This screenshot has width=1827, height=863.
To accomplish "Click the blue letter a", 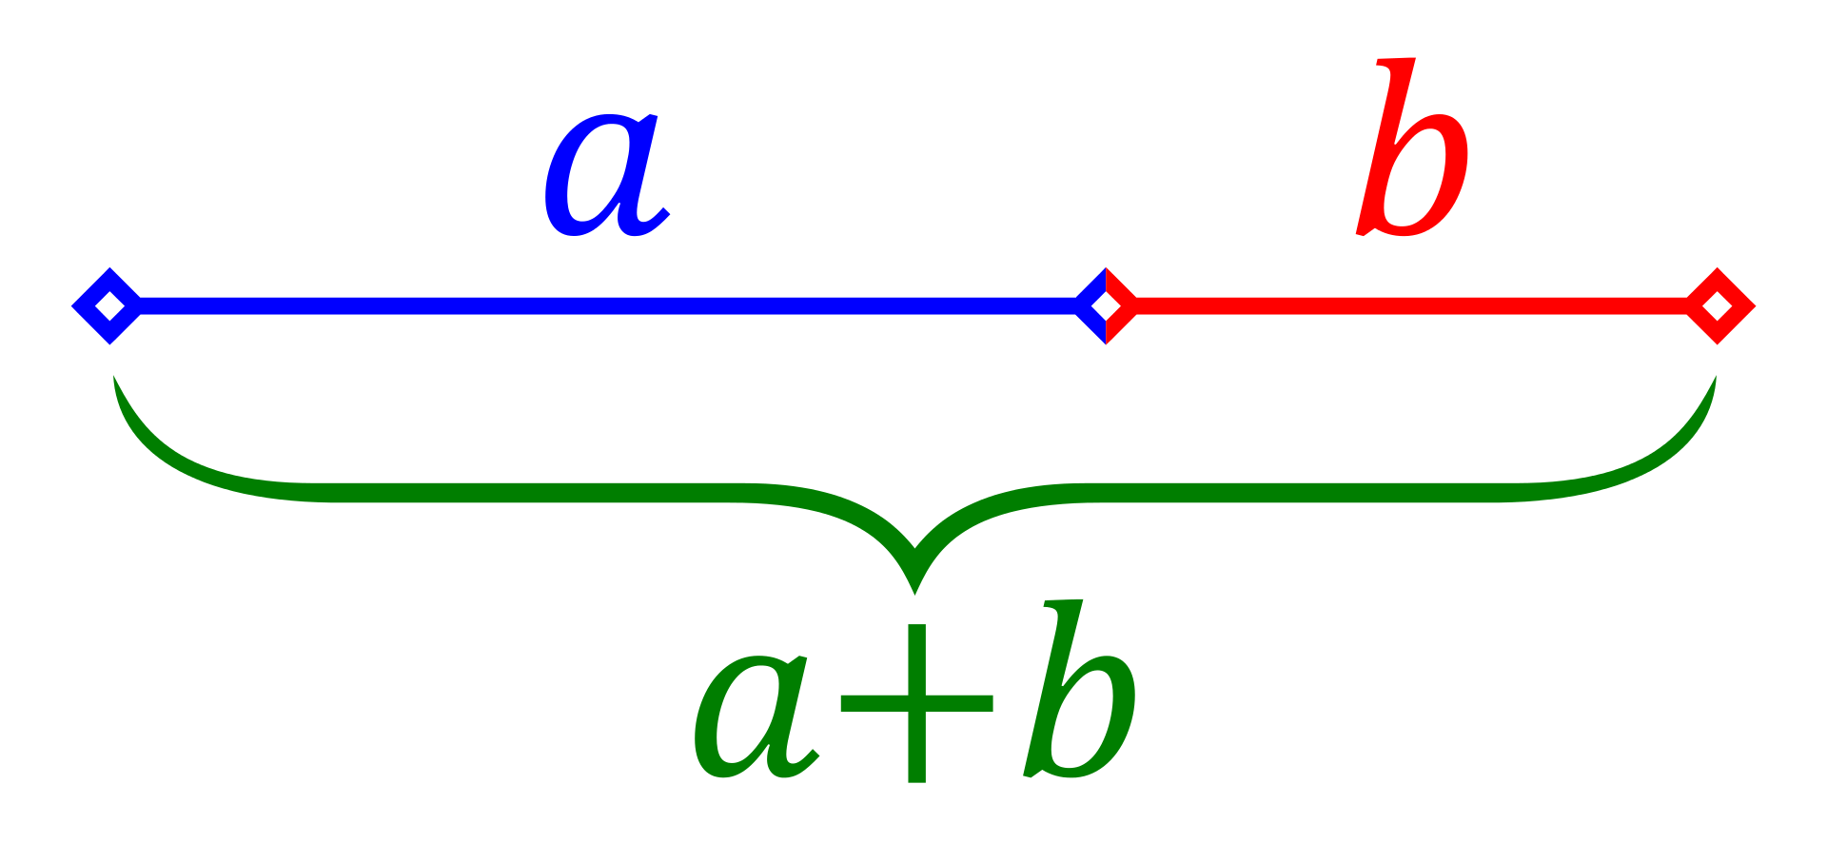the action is pos(606,176).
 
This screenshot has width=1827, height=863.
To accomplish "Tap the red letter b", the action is pos(1413,147).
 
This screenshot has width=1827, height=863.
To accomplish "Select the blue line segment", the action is pos(607,306).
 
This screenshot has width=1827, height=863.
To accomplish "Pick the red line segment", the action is pos(1411,306).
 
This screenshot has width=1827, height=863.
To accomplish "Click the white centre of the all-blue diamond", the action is pos(110,306).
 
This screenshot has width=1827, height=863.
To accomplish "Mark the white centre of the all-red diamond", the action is pos(1718,306).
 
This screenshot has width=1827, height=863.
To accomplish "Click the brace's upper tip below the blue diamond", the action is pos(114,377).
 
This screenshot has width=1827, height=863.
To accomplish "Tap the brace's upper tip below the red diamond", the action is pos(1715,377).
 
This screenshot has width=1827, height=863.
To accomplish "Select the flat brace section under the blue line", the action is pos(533,493).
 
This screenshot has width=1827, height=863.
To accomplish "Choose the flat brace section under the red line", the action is pos(1294,493).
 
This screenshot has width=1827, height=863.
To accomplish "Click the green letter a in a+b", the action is pos(756,716).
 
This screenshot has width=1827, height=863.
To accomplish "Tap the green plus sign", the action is pos(916,704).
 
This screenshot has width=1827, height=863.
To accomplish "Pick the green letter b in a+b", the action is pos(1081,689).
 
